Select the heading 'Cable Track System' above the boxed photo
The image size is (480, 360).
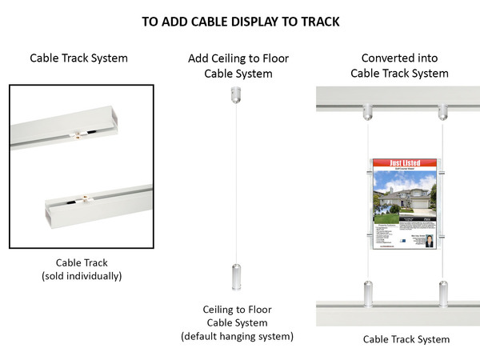click(x=78, y=58)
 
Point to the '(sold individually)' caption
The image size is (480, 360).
click(x=81, y=276)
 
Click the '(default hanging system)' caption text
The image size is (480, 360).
click(x=237, y=336)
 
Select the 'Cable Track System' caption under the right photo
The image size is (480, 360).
click(x=406, y=339)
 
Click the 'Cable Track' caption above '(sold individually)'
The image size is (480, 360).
click(x=81, y=262)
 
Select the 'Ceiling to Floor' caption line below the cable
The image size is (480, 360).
click(x=237, y=309)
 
